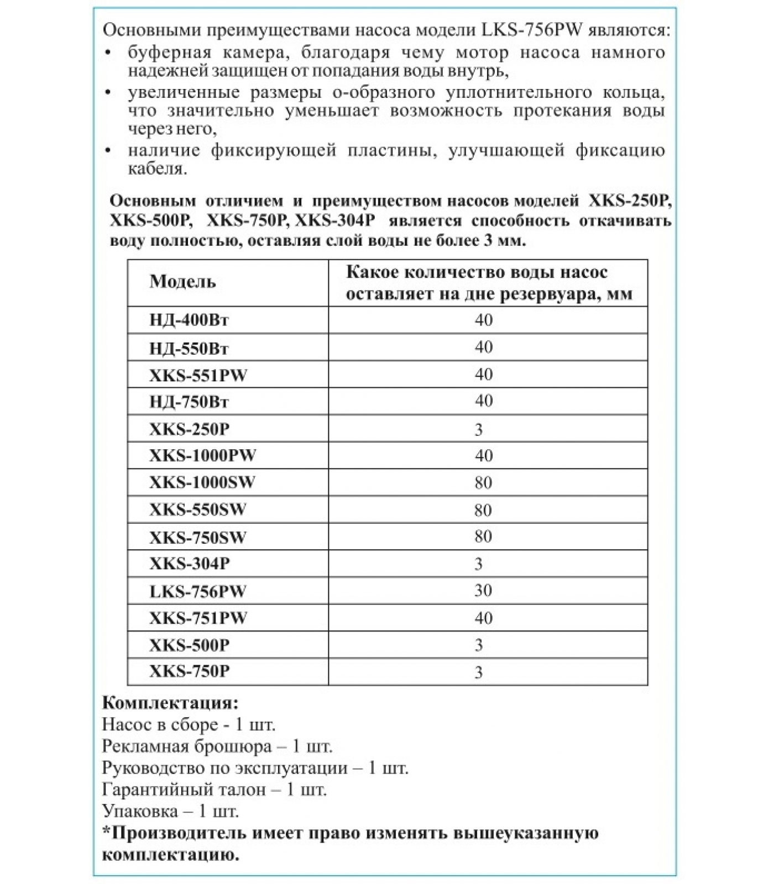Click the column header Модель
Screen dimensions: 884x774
182,282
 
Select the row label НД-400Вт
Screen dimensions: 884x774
189,320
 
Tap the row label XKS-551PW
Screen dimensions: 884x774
198,375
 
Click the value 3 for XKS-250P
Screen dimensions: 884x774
479,429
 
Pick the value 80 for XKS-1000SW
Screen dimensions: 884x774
483,483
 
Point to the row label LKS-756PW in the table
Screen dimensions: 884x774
197,591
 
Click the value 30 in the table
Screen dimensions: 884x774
483,591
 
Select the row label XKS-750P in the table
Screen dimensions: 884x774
189,672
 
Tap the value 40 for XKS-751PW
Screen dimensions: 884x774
483,618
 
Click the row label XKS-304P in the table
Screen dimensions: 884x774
189,564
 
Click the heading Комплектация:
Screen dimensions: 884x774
170,703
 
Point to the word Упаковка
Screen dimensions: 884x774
140,811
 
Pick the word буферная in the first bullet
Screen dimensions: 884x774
169,52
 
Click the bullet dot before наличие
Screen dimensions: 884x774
108,150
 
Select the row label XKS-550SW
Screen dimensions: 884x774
197,509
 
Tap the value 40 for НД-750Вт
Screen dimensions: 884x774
483,401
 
